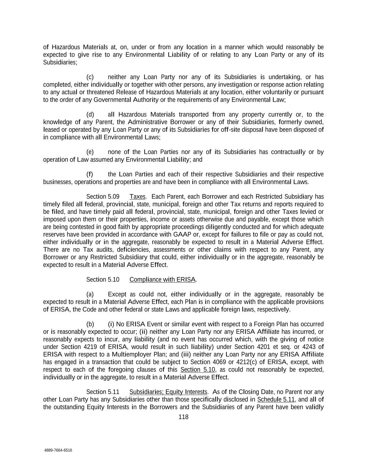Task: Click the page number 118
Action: pyautogui.click(x=183, y=417)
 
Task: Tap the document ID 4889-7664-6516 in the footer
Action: pyautogui.click(x=58, y=450)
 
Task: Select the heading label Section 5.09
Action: pyautogui.click(x=103, y=197)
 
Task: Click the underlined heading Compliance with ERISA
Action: pyautogui.click(x=162, y=280)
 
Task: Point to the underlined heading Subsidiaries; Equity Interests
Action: pyautogui.click(x=168, y=392)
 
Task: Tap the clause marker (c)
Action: pyautogui.click(x=90, y=77)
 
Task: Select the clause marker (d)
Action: pyautogui.click(x=90, y=115)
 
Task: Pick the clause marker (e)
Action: pyautogui.click(x=90, y=152)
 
